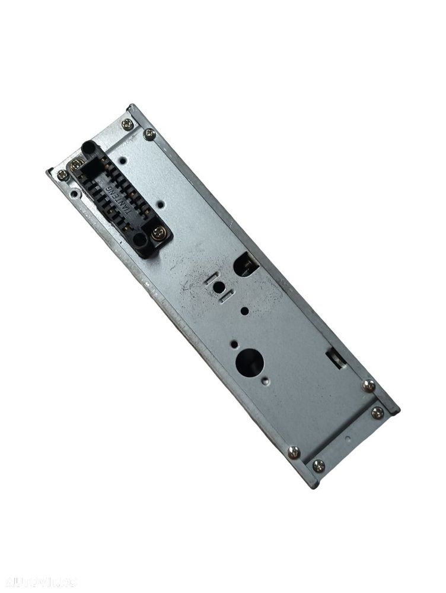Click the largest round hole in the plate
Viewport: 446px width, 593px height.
click(x=249, y=361)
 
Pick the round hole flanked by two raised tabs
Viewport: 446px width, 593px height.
click(x=219, y=287)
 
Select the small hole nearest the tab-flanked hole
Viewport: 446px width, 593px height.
click(x=244, y=310)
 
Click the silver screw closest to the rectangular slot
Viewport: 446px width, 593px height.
click(x=368, y=385)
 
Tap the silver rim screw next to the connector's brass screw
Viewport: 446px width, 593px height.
click(x=62, y=175)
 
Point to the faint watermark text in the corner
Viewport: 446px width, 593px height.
click(x=39, y=581)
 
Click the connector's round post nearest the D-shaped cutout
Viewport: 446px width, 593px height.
click(x=139, y=239)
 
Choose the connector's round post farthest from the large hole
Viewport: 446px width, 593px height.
click(x=88, y=147)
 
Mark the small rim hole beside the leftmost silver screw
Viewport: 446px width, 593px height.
click(x=73, y=192)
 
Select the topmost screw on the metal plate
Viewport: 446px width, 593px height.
click(x=127, y=124)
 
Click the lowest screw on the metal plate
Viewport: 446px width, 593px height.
click(x=318, y=466)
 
